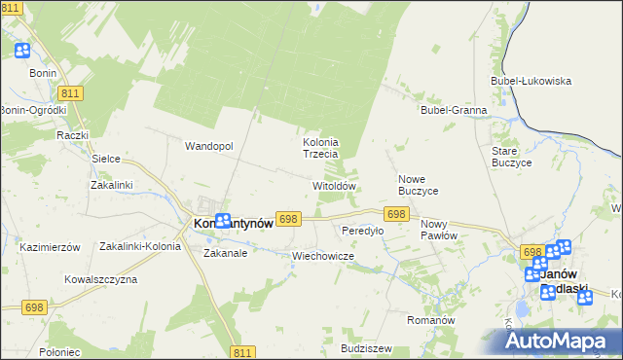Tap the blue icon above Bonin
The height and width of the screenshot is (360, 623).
pos(22,52)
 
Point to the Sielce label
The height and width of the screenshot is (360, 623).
pos(105,157)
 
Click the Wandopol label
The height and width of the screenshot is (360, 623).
pos(209,146)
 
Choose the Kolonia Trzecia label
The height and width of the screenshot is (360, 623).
pos(319,148)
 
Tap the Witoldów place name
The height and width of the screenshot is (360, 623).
pos(334,185)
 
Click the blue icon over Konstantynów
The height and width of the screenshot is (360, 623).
pos(223,222)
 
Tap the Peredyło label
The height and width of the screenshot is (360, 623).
pos(362,232)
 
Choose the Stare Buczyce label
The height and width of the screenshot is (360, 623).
pos(511,158)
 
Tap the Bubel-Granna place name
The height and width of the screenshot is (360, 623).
pos(454,110)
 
